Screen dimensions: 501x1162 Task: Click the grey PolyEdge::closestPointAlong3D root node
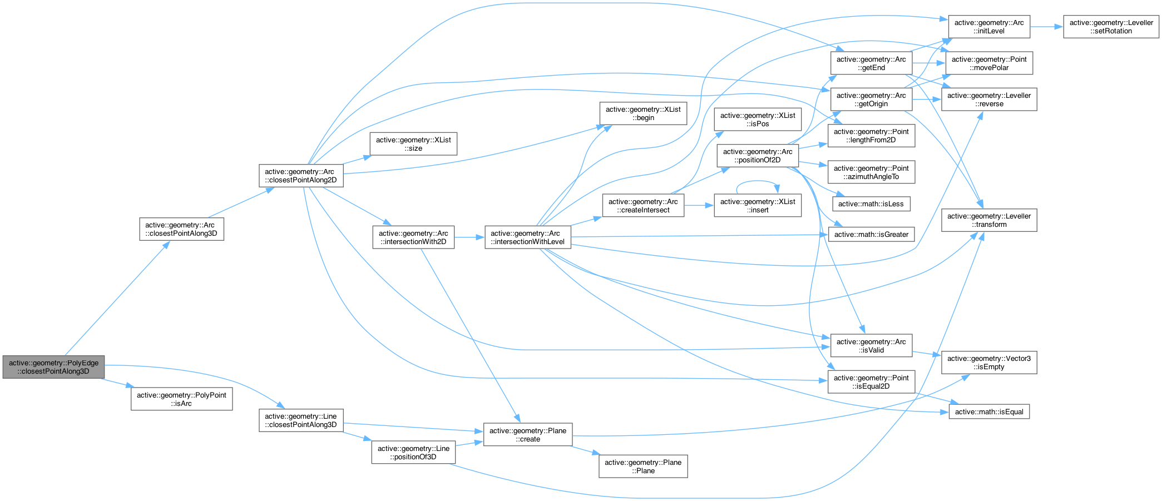(53, 367)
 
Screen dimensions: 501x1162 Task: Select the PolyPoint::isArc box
(181, 399)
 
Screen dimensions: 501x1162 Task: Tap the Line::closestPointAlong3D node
(300, 420)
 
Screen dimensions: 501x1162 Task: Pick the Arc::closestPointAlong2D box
(300, 176)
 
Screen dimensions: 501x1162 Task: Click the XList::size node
(413, 144)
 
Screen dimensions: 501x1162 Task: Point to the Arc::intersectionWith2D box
(413, 237)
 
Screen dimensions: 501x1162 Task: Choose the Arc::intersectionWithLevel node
(527, 237)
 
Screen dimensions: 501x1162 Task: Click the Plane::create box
(527, 435)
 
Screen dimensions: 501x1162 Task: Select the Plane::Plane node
(642, 467)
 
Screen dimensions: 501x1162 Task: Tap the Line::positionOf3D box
(413, 453)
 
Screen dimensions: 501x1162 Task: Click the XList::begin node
(642, 113)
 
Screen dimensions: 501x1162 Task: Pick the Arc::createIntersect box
(642, 206)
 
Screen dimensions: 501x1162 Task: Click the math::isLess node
(871, 204)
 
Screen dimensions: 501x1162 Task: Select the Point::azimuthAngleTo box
(871, 172)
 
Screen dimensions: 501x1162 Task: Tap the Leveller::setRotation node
(1111, 27)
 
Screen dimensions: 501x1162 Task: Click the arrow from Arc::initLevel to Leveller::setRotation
(1046, 27)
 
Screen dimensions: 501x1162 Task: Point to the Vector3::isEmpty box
(988, 363)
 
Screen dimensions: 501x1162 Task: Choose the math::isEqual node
(988, 412)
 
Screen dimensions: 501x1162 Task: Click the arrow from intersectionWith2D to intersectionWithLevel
(469, 237)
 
